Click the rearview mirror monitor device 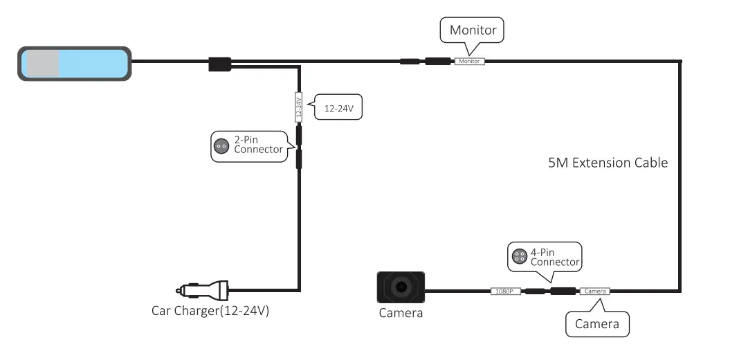[74, 62]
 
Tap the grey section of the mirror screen [42, 63]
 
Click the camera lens [401, 287]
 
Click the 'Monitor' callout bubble [473, 30]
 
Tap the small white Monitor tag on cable [470, 62]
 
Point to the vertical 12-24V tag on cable [299, 108]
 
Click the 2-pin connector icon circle [221, 145]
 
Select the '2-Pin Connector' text [257, 145]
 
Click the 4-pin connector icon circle [518, 257]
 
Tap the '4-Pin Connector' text [554, 258]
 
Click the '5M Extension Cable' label [607, 163]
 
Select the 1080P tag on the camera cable [504, 291]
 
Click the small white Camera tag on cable [594, 291]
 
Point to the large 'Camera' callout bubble [597, 323]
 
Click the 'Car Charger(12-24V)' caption [210, 311]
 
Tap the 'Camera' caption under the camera [401, 313]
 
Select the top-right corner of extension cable [680, 62]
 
